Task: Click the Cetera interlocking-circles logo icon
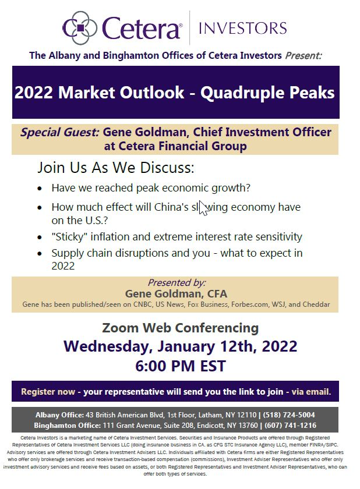80,28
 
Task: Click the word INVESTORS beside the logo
243,28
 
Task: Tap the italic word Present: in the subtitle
303,55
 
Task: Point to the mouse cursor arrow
203,208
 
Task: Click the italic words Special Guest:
60,132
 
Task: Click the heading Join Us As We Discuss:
116,168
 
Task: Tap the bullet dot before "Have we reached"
39,189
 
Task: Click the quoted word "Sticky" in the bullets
69,237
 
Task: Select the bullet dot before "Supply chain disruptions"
39,254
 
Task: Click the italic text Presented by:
177,282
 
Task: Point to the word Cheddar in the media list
318,304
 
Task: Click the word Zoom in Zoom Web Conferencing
120,328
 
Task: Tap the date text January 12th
206,347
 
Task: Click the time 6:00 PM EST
181,366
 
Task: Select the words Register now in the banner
48,392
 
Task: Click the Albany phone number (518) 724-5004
289,415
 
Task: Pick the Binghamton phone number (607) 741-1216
290,426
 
